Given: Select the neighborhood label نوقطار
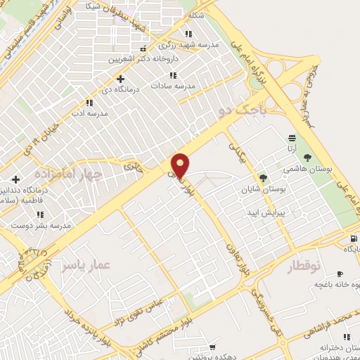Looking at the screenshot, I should (304, 266).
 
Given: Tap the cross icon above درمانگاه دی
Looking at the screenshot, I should (120, 79).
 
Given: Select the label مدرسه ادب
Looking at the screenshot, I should (89, 112).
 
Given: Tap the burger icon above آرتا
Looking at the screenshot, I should (292, 138).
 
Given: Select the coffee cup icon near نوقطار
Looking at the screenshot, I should (340, 274).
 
